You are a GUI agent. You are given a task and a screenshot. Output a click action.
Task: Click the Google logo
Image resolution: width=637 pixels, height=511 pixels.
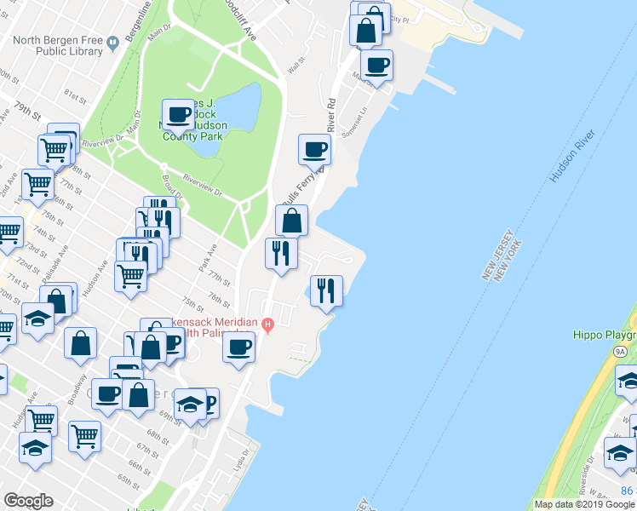(27, 501)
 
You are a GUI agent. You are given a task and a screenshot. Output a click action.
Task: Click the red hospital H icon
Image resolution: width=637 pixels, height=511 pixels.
(268, 324)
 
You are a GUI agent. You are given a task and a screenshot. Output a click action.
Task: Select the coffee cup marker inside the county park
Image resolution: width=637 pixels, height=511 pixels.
(179, 114)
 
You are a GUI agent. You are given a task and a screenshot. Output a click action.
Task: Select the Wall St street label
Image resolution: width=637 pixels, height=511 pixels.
(296, 65)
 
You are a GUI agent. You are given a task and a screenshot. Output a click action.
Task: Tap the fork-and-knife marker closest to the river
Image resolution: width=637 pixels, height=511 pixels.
(326, 290)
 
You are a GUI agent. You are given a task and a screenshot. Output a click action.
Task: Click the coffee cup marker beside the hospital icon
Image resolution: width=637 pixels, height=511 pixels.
(239, 346)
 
